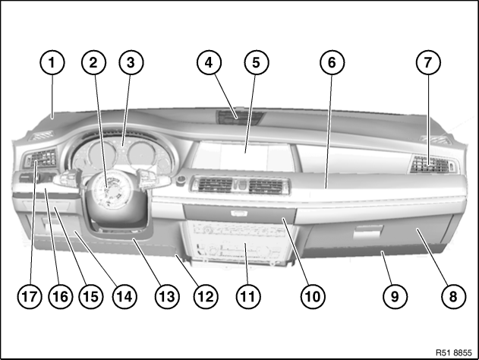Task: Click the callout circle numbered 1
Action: click(x=52, y=62)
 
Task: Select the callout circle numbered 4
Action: click(x=209, y=62)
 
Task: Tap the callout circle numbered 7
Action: click(x=428, y=62)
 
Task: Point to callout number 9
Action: click(x=395, y=296)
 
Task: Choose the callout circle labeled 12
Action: click(x=206, y=296)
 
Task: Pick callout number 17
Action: click(x=30, y=296)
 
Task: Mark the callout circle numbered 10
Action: click(x=313, y=296)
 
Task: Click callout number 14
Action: click(x=124, y=296)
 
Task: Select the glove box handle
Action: click(x=368, y=232)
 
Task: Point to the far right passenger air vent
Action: click(x=431, y=164)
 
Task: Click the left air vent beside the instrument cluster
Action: click(x=41, y=158)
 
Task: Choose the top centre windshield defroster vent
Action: click(x=240, y=118)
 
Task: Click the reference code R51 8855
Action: click(x=454, y=352)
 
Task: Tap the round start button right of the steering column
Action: click(x=181, y=180)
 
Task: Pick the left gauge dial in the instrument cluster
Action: click(x=102, y=153)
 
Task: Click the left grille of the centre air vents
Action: click(x=216, y=185)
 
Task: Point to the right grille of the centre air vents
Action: click(x=266, y=186)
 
